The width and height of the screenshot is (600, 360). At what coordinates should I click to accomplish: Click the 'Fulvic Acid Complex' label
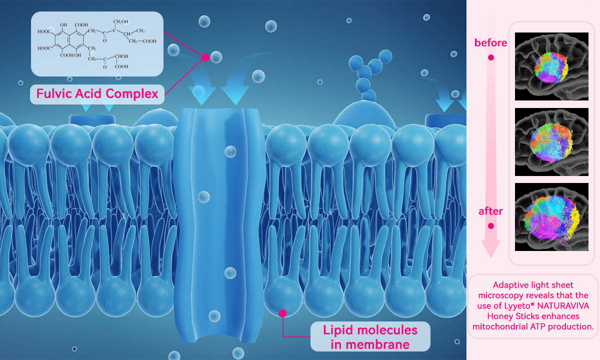point(97,93)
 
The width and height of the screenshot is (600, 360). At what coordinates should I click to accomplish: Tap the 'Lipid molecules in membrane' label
point(370,336)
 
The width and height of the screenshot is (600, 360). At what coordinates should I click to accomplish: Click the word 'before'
point(490,43)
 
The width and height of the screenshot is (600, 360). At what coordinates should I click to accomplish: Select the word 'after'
point(490,211)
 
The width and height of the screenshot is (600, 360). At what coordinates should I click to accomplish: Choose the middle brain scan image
point(551,141)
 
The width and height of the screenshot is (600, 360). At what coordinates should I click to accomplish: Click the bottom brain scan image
point(551,217)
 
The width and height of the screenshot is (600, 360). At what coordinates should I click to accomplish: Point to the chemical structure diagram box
point(97,44)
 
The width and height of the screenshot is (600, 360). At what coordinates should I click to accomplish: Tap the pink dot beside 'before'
point(491,57)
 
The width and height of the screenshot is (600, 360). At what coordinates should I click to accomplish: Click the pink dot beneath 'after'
point(491,226)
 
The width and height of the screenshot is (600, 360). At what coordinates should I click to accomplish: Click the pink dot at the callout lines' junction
point(205,57)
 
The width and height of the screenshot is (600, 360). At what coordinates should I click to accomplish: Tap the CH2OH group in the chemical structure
point(121,21)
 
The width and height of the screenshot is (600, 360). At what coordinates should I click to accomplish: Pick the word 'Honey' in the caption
point(500,316)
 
